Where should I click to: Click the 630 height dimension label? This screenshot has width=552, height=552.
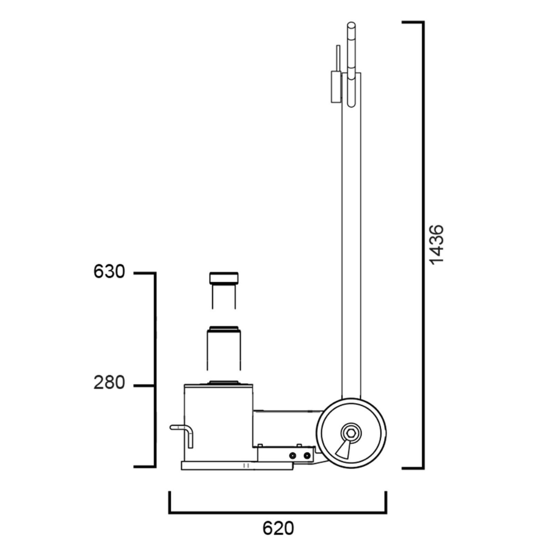pos(109,272)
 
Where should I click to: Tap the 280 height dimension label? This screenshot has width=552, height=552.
pos(109,383)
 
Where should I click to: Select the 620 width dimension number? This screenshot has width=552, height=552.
pos(278,528)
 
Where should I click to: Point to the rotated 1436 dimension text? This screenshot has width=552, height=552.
pos(437,245)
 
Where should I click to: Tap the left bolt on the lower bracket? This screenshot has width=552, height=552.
pos(292,456)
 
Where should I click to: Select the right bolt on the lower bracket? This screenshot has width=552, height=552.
pos(307,456)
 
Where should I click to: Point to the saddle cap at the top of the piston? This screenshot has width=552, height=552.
pos(224,278)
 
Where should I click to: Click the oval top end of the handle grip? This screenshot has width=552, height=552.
pos(351,26)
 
